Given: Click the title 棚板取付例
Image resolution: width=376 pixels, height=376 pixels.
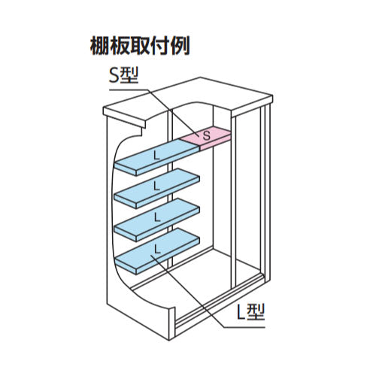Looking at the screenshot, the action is pyautogui.click(x=139, y=46).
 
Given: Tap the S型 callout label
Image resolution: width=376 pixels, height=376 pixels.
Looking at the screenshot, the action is pyautogui.click(x=123, y=76).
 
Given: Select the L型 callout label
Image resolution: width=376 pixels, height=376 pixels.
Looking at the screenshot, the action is pyautogui.click(x=250, y=312).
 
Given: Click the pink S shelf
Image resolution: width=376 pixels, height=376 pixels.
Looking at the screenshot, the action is pyautogui.click(x=205, y=138).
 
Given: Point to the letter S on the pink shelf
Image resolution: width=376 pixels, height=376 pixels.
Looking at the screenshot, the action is pyautogui.click(x=206, y=135).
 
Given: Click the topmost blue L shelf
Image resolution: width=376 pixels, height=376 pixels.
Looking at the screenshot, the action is pyautogui.click(x=157, y=157).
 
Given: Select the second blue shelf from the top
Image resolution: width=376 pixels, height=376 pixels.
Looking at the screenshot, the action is pyautogui.click(x=157, y=188).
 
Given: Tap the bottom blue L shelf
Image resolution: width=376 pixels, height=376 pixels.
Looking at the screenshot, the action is pyautogui.click(x=157, y=251).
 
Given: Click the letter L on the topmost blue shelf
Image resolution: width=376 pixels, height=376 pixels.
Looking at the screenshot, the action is pyautogui.click(x=156, y=156).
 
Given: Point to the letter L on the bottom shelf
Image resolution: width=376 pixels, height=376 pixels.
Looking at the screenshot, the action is pyautogui.click(x=157, y=249).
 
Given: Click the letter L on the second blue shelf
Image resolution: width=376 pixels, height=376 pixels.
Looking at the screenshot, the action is pyautogui.click(x=156, y=186).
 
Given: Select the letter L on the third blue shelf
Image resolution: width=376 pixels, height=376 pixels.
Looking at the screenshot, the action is pyautogui.click(x=157, y=217).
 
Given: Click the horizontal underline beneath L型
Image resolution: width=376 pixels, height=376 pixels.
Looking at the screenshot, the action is pyautogui.click(x=244, y=327).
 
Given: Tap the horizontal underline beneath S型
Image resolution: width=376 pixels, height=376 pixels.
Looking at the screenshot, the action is pyautogui.click(x=130, y=89).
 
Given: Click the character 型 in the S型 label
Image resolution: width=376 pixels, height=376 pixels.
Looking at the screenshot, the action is pyautogui.click(x=129, y=76).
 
